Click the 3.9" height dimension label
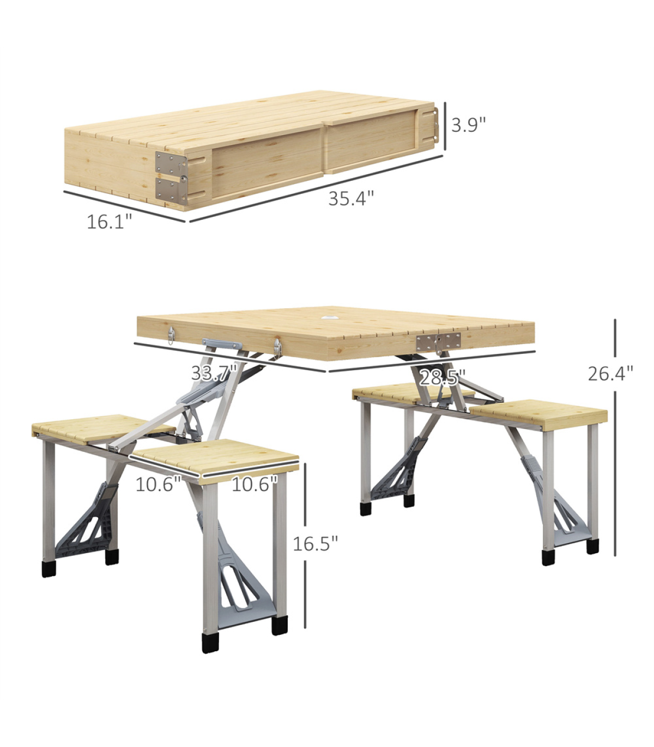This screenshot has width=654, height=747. (x=468, y=125)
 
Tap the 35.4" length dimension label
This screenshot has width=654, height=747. (x=351, y=198)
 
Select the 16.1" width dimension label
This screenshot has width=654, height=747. (x=109, y=222)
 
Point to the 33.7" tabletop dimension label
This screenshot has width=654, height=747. (x=215, y=373)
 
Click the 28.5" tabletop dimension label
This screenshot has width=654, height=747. (x=443, y=377)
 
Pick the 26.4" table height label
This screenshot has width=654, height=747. (x=610, y=373)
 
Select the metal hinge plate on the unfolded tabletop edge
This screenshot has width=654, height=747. (x=438, y=343)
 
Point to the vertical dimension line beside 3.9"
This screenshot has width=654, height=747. (x=445, y=126)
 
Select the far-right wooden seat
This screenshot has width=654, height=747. (x=538, y=415)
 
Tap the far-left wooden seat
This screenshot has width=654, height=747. (x=104, y=428)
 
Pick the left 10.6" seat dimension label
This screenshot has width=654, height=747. (x=158, y=485)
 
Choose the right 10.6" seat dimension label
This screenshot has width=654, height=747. (x=255, y=485)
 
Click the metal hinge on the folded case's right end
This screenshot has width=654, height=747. (x=435, y=125)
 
